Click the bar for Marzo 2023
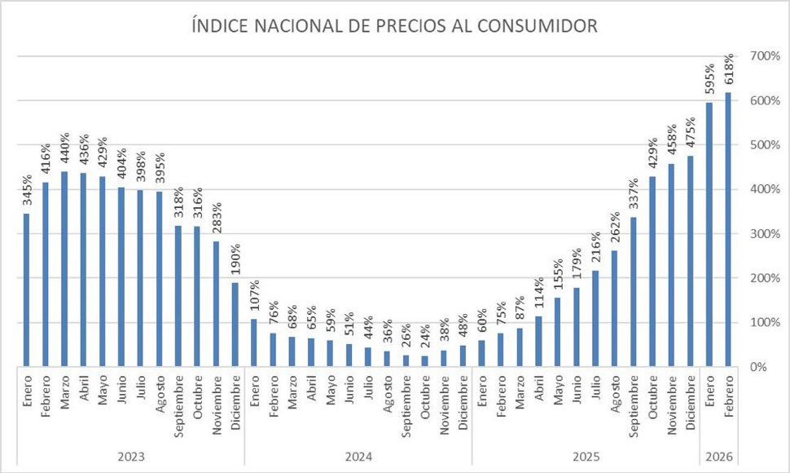(x=64, y=269)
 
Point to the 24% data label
(x=424, y=336)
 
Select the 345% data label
(x=26, y=190)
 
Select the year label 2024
(x=358, y=458)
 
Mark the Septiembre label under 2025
(x=633, y=406)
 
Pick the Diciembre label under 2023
(x=235, y=402)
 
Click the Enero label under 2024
(x=253, y=391)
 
